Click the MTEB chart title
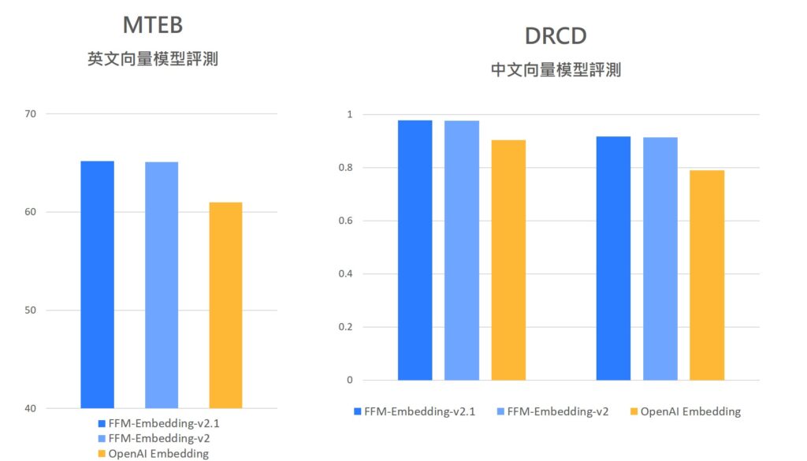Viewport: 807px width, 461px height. pyautogui.click(x=153, y=25)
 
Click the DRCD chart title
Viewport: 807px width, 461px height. pyautogui.click(x=556, y=35)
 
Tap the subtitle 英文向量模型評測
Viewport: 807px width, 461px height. pyautogui.click(x=153, y=58)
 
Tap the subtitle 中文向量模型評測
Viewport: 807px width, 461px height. pyautogui.click(x=556, y=69)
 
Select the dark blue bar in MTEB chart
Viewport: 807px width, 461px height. pyautogui.click(x=97, y=284)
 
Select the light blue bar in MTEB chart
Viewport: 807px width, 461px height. pyautogui.click(x=162, y=284)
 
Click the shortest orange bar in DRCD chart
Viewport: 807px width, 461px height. pyautogui.click(x=707, y=275)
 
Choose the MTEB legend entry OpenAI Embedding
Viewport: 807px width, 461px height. pyautogui.click(x=153, y=453)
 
